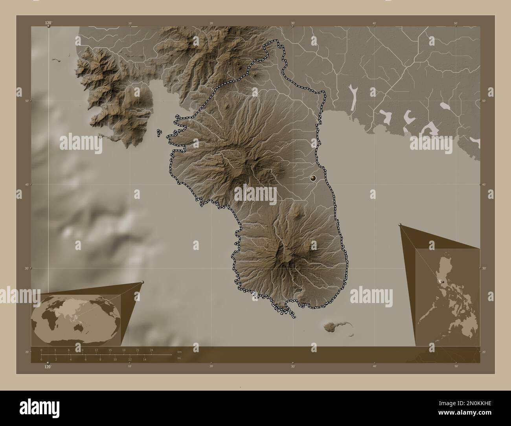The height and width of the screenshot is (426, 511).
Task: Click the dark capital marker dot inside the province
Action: click(313, 178)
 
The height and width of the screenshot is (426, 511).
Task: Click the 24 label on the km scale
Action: click(151, 350)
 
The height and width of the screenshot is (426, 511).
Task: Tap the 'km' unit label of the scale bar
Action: click(179, 351)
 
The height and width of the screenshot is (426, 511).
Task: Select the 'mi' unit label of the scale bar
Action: click(179, 358)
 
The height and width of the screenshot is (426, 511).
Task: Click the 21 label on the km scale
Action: click(137, 350)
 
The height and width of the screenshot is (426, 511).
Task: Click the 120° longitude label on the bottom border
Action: click(48, 367)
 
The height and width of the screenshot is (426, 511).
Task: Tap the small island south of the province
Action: click(332, 326)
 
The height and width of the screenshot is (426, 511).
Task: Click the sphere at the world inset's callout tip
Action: click(142, 282)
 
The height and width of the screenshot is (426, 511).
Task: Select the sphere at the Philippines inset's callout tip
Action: click(400, 225)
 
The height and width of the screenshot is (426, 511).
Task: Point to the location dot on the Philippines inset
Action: click(443, 282)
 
